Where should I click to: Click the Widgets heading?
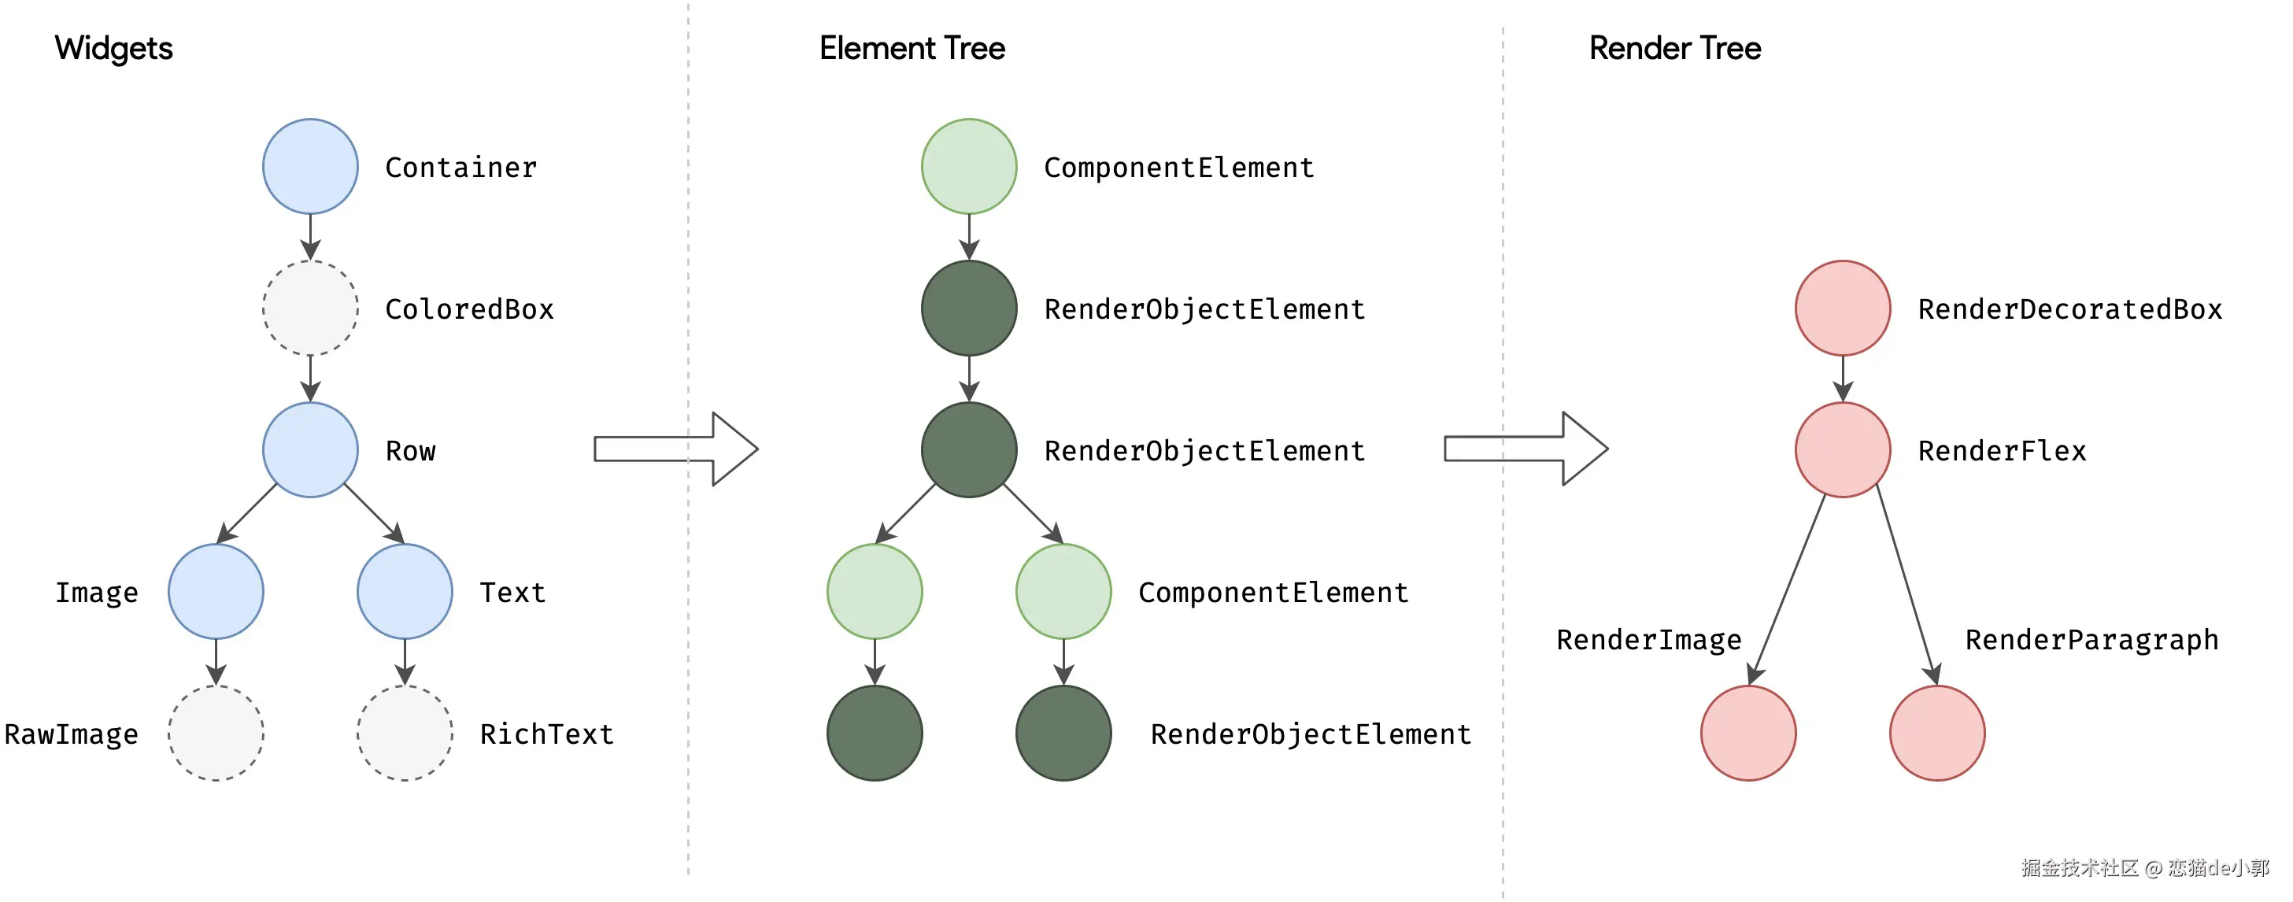coord(113,49)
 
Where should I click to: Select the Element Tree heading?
coord(912,48)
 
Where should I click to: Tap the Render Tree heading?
coord(1674,48)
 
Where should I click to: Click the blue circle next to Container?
coord(311,167)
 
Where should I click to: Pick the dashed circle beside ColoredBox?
coord(311,308)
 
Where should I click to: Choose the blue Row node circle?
coord(311,449)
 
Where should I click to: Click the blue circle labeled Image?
coord(216,591)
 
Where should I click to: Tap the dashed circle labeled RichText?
coord(405,733)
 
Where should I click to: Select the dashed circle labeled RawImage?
coord(216,733)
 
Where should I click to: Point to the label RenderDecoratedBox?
coord(2069,309)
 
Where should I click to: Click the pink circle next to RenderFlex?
coord(1843,449)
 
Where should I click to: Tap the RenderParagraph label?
coord(2091,640)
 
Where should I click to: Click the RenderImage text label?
coord(1648,640)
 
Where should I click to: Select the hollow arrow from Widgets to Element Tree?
coord(676,449)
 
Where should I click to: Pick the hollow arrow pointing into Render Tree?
coord(1526,449)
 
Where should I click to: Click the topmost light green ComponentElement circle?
coord(969,167)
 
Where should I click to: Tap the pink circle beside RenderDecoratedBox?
coord(1843,308)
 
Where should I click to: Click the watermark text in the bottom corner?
coord(2145,867)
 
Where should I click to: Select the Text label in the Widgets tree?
coord(512,592)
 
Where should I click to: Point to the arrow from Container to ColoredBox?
coord(311,237)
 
